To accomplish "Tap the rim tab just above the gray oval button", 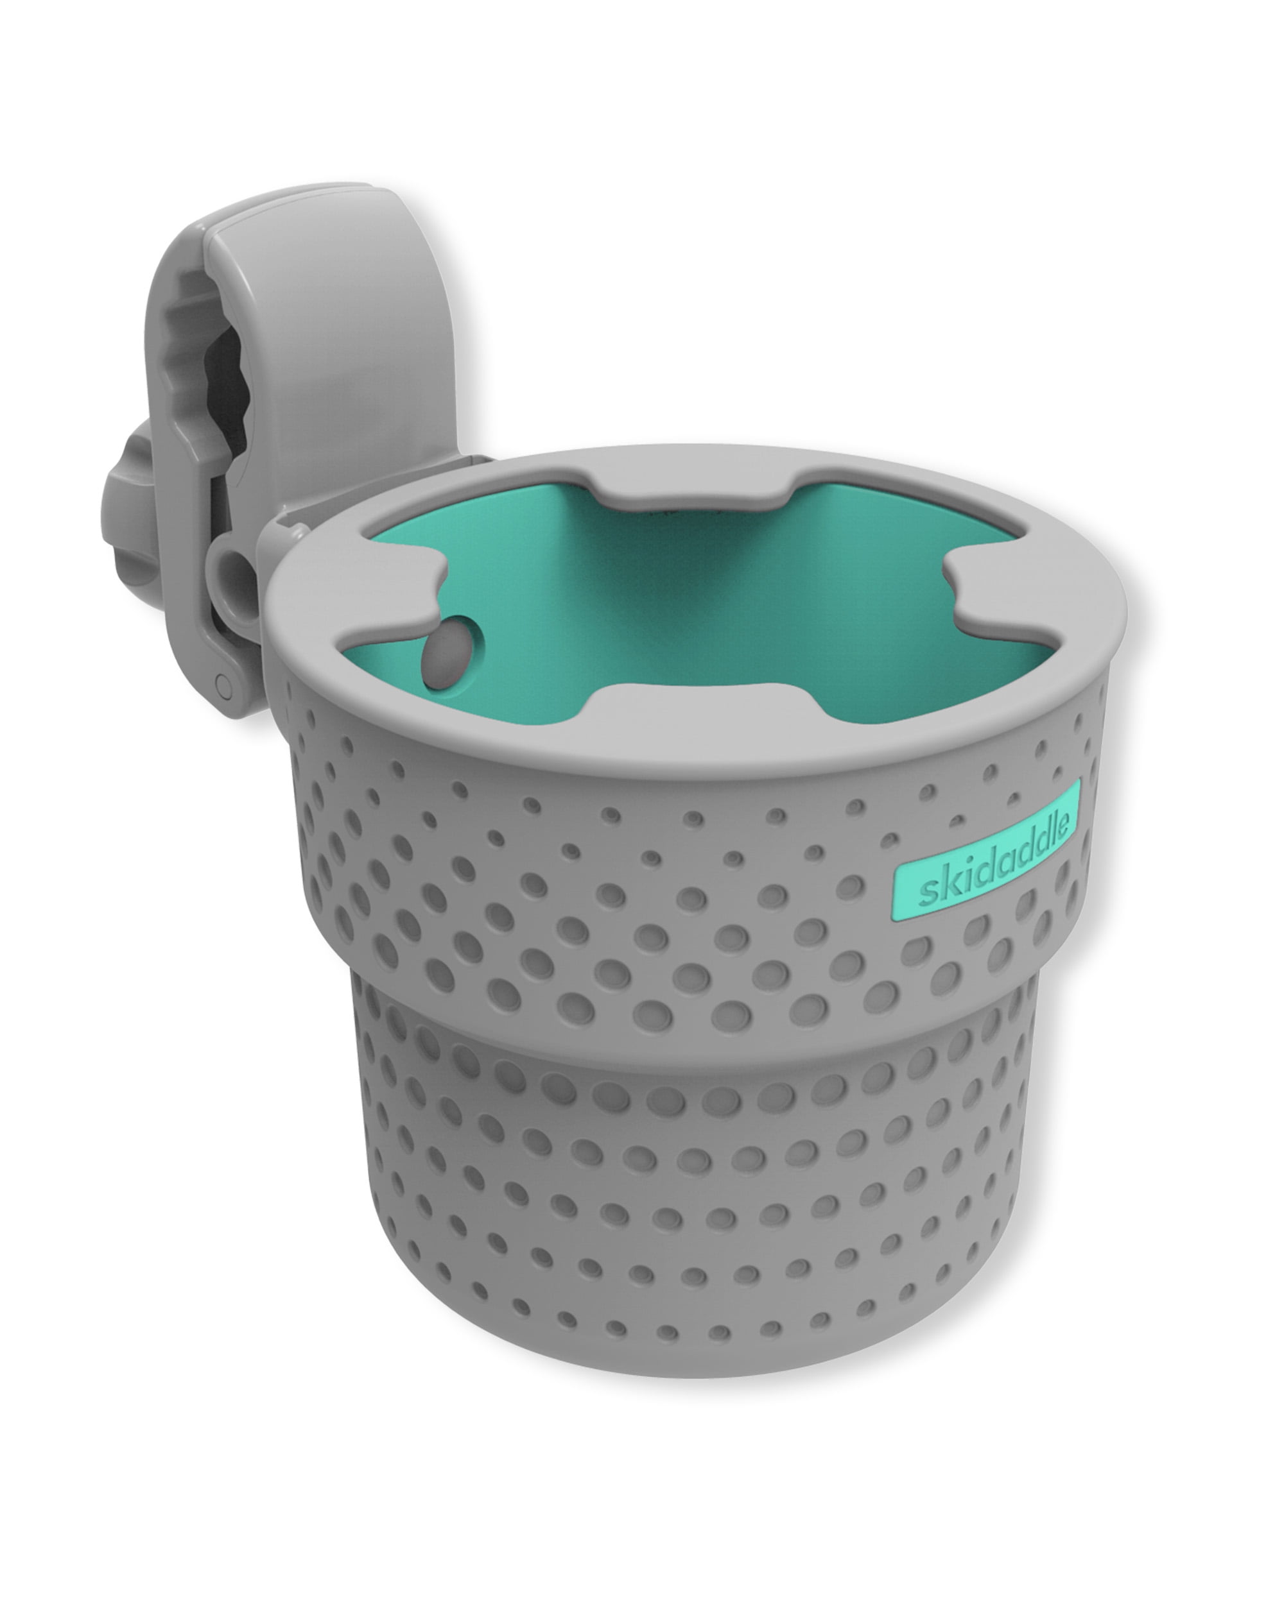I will click(x=402, y=588).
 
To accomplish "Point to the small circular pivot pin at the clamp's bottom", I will click(x=220, y=680).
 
